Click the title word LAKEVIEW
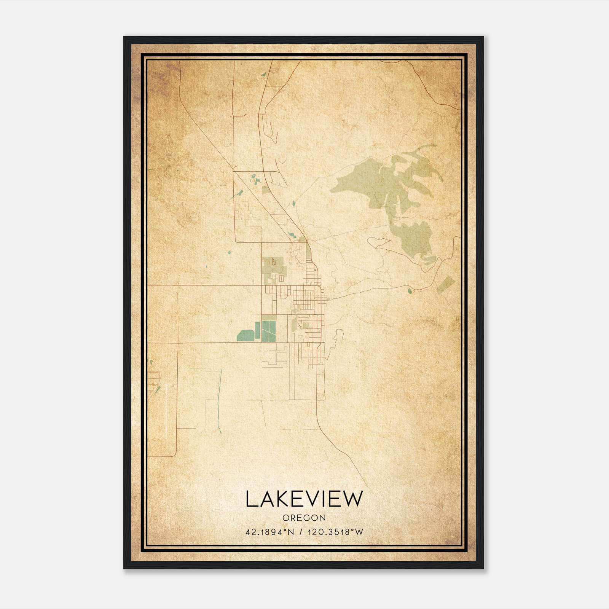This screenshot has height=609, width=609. pos(304,499)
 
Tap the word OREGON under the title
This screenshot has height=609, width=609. pos(304,518)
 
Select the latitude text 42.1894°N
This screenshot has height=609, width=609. pos(270,532)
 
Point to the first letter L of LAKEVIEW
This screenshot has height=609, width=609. pos(250,499)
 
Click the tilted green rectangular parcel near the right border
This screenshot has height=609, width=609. pos(446,285)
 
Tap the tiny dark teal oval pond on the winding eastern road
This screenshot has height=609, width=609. pos(410,292)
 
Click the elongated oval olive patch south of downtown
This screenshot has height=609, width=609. pos(293,325)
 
